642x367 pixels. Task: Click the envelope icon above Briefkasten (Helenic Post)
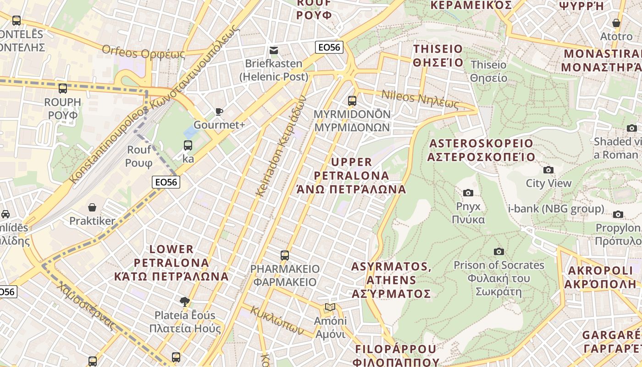tap(274, 50)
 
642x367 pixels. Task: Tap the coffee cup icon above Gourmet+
tap(219, 111)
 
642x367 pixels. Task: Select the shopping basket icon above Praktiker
tap(92, 208)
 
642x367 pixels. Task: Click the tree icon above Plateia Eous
tap(185, 301)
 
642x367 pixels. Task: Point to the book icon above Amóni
tap(330, 307)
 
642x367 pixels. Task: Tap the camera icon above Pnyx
tap(468, 193)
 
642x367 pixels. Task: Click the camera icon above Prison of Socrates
tap(499, 251)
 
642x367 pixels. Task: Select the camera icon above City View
tap(548, 170)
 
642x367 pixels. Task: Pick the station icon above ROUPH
tap(63, 89)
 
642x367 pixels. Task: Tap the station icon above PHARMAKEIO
tap(285, 255)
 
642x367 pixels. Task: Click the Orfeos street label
tap(143, 52)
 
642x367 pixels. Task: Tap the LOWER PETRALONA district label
tap(172, 263)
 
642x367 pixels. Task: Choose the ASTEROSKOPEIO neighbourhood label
tap(481, 150)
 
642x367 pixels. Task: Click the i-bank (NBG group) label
tap(556, 209)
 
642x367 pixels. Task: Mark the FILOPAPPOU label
tap(397, 355)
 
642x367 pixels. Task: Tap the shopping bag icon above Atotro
tap(616, 23)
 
